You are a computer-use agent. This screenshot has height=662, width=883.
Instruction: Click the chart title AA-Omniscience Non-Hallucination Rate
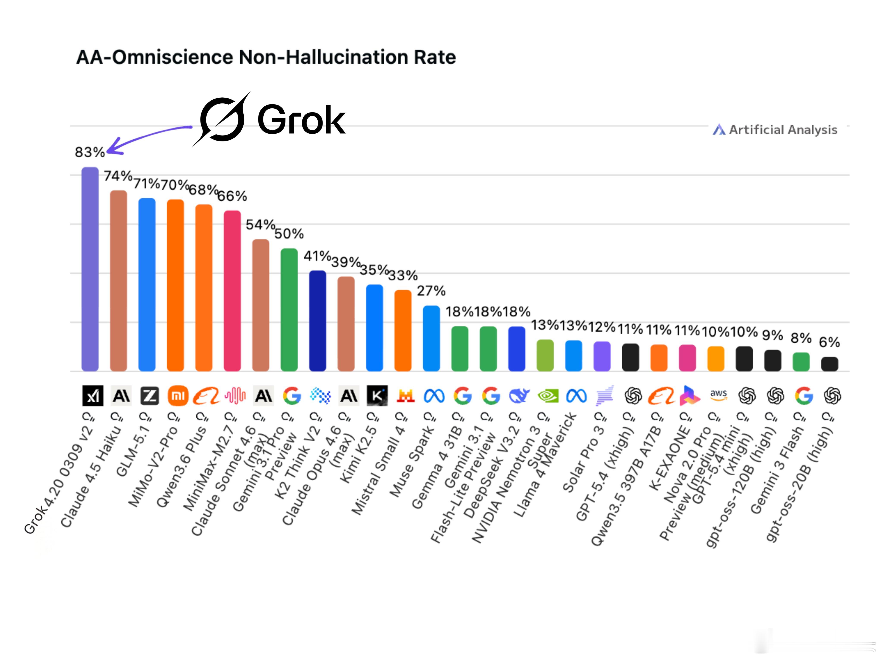266,57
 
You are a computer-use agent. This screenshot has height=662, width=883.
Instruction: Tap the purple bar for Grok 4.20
90,269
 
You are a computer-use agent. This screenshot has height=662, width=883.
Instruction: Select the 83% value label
89,152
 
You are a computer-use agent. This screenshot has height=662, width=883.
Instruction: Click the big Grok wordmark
301,120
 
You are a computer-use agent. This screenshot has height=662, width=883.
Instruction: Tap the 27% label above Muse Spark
431,291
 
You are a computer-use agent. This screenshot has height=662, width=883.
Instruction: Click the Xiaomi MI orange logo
178,396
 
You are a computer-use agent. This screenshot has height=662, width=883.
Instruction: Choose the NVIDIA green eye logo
548,396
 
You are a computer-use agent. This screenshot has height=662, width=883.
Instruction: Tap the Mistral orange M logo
405,396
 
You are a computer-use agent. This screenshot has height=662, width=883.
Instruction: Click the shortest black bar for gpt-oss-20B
830,364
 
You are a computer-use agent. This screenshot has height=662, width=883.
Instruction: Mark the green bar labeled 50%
289,310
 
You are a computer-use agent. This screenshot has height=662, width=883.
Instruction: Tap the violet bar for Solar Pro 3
602,356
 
